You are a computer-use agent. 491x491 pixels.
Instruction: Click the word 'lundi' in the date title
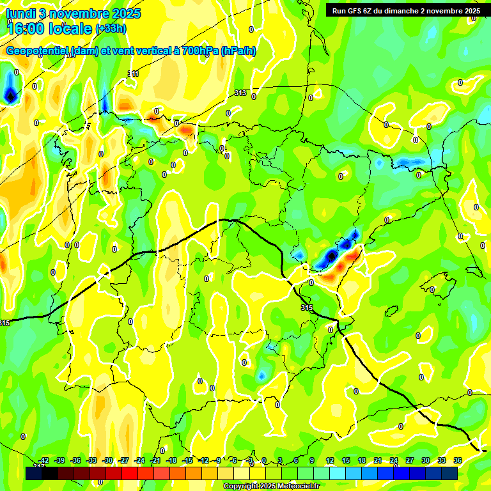[x=20, y=13]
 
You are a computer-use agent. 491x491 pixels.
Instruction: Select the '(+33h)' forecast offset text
[x=111, y=28]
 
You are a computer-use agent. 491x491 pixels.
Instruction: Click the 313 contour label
[x=240, y=93]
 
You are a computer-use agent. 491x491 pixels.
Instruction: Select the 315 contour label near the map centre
[x=306, y=308]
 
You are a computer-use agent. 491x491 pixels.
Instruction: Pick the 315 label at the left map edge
[x=4, y=323]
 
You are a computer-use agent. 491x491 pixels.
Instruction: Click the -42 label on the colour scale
[x=43, y=460]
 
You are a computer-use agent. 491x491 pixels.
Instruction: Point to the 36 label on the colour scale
[x=457, y=460]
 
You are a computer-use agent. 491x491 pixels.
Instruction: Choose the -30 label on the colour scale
[x=107, y=460]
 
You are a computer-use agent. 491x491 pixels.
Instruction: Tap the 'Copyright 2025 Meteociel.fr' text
[x=270, y=486]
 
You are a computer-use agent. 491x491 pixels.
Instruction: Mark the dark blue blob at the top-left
[x=10, y=96]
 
